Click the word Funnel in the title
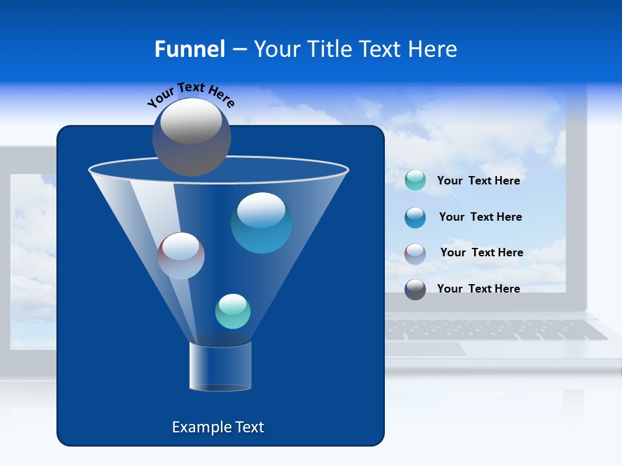click(x=189, y=49)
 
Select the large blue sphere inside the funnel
click(x=261, y=223)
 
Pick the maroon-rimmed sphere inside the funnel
click(x=181, y=256)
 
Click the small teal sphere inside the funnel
click(x=233, y=311)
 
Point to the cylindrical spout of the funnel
click(x=220, y=366)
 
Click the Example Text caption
click(x=218, y=427)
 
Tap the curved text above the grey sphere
click(x=190, y=94)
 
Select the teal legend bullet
click(x=415, y=181)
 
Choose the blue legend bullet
click(x=415, y=217)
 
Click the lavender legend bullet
click(x=415, y=253)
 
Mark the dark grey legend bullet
click(x=415, y=289)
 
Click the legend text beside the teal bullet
click(x=478, y=181)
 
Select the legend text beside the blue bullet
click(x=480, y=217)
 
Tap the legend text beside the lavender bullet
click(x=481, y=253)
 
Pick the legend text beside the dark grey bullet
click(x=478, y=289)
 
